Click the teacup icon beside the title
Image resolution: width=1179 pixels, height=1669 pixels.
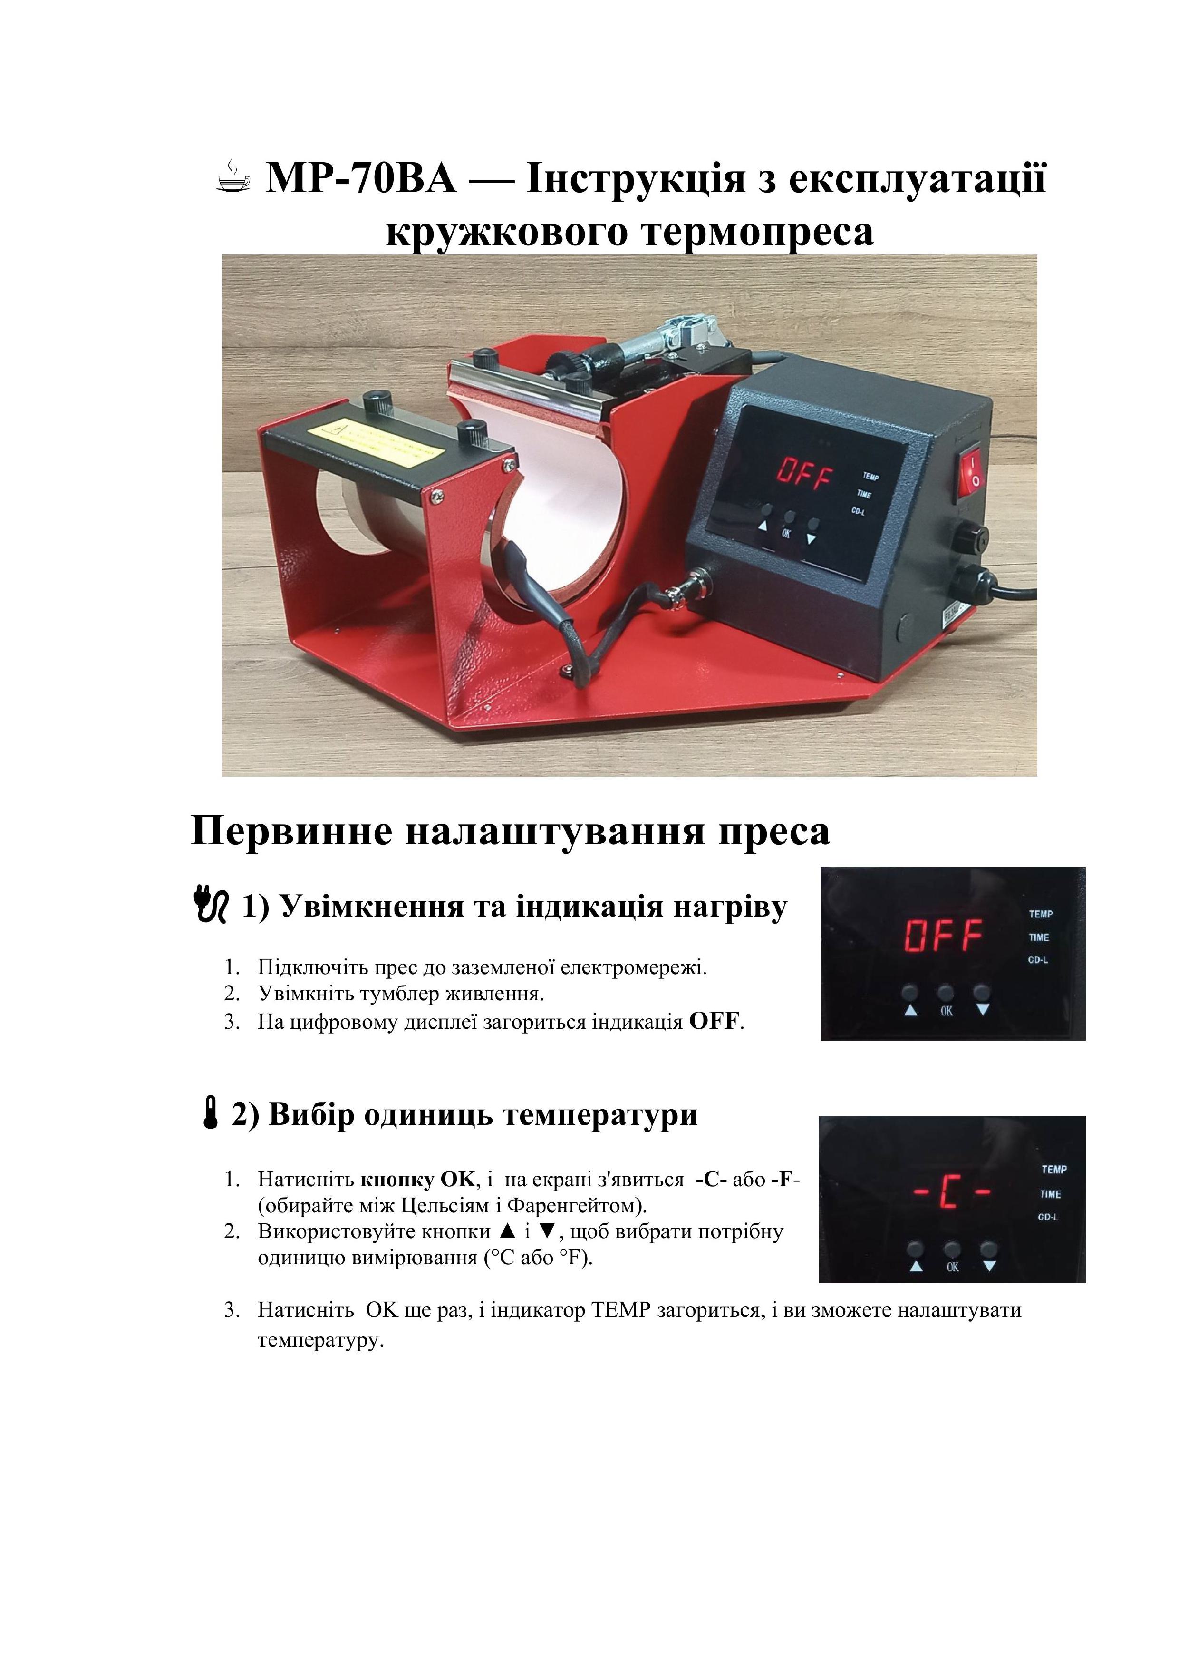click(x=233, y=178)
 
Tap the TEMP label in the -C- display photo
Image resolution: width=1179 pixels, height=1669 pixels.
click(x=1054, y=1170)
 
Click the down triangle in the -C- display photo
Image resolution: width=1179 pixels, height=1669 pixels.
click(x=989, y=1266)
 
